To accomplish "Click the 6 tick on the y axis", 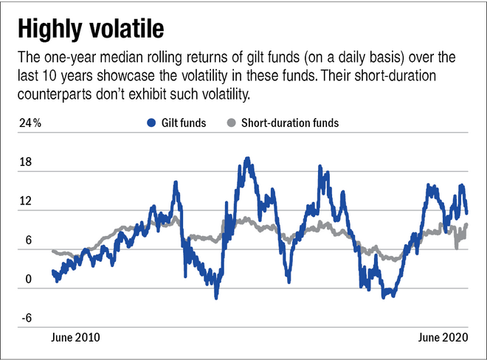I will [28, 240].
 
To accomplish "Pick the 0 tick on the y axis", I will [28, 280].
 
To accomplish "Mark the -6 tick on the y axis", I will [27, 319].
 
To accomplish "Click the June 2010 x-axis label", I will [75, 337].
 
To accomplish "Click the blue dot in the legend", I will [151, 123].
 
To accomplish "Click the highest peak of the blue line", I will [248, 158].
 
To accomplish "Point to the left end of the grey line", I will [52, 252].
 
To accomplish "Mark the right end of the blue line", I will [466, 212].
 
